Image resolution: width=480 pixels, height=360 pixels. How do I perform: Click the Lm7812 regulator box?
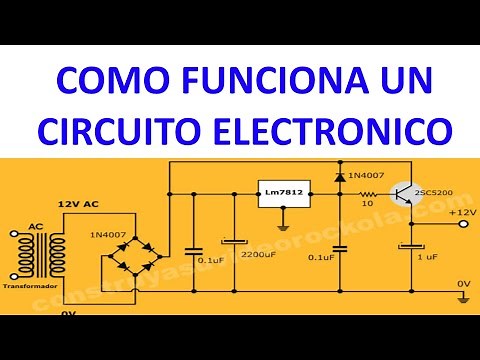284,193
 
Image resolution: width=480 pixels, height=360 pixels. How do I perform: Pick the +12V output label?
462,212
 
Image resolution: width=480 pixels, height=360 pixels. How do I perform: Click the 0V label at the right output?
463,284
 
